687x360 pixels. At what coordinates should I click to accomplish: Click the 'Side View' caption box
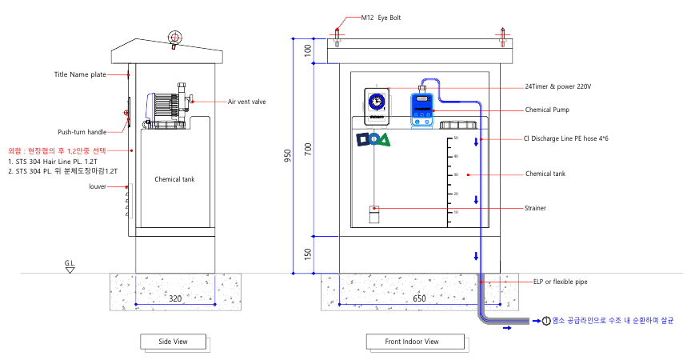(x=173, y=342)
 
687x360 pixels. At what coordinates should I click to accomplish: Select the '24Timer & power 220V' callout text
(x=557, y=86)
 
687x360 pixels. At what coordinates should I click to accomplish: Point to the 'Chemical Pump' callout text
(x=547, y=110)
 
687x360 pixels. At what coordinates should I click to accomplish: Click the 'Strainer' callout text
(x=536, y=208)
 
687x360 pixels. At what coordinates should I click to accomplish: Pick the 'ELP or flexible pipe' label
(x=560, y=282)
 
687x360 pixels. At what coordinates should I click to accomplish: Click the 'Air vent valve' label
(x=246, y=102)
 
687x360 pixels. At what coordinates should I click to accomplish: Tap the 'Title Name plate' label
(x=80, y=74)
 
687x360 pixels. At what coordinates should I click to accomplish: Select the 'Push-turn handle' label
(x=82, y=131)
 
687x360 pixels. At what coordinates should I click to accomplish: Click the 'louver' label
(x=98, y=186)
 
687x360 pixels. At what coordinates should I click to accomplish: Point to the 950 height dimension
(x=299, y=156)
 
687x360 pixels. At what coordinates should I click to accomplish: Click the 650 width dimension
(x=419, y=298)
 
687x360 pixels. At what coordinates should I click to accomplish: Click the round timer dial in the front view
(x=376, y=102)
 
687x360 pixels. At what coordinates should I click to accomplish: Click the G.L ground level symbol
(x=71, y=266)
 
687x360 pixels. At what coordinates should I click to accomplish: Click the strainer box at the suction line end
(x=373, y=214)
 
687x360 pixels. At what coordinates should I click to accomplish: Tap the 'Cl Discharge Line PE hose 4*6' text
(x=566, y=138)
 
